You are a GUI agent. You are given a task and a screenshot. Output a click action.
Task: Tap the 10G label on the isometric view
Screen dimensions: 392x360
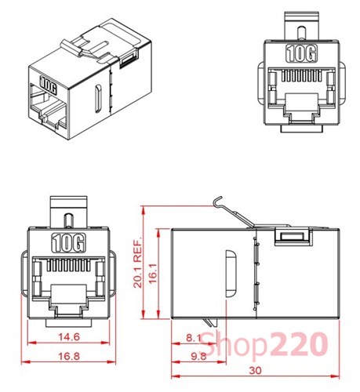[48, 81]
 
